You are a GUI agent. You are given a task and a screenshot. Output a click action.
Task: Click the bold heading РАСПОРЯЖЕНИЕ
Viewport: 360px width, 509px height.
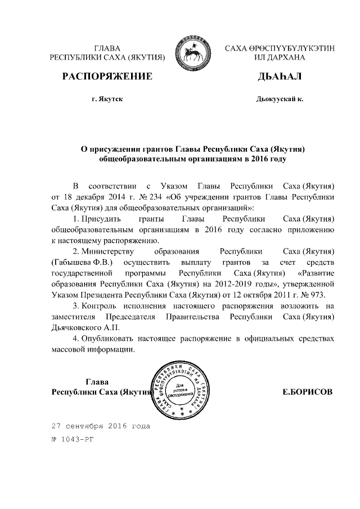pyautogui.click(x=107, y=76)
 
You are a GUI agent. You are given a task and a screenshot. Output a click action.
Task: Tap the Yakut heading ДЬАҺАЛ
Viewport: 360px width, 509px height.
pyautogui.click(x=280, y=76)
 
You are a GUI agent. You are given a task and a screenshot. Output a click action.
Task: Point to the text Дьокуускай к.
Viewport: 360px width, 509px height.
pyautogui.click(x=280, y=99)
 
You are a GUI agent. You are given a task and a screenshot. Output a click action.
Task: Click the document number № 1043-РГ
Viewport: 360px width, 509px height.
pyautogui.click(x=71, y=439)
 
